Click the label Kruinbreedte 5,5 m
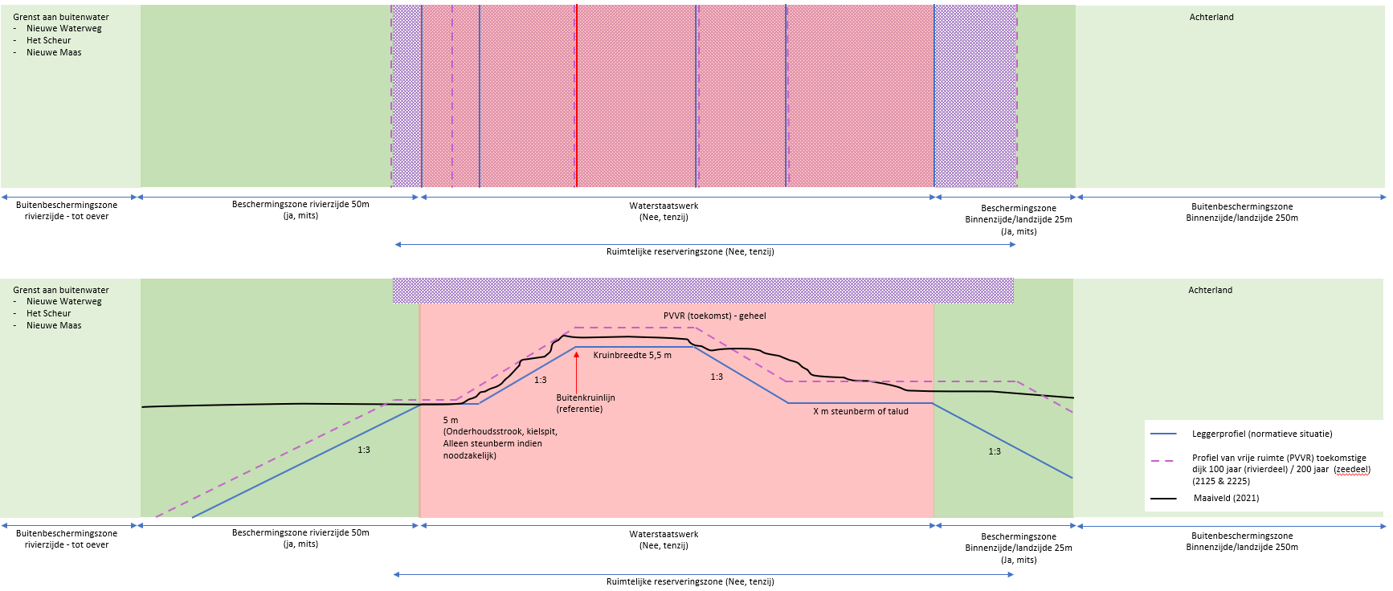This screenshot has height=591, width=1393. [x=632, y=355]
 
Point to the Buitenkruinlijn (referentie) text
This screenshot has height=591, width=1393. [x=585, y=403]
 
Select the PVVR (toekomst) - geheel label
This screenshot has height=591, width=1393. [x=714, y=316]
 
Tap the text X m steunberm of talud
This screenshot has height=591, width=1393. [x=860, y=411]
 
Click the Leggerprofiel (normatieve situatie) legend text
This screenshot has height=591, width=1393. [x=1261, y=434]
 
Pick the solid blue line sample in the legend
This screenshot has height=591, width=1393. [x=1163, y=434]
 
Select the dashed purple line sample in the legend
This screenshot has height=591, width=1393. [x=1163, y=461]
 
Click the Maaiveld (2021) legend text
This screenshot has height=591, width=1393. [x=1226, y=498]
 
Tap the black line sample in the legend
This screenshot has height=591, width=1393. [x=1163, y=498]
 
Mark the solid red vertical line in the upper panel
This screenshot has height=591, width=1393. [x=576, y=96]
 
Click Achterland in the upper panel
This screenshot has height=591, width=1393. [x=1211, y=17]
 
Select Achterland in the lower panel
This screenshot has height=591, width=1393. [x=1210, y=290]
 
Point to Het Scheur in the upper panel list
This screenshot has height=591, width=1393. [x=48, y=40]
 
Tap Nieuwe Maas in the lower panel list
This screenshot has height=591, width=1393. [x=54, y=325]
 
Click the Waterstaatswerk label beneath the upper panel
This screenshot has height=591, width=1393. [x=664, y=206]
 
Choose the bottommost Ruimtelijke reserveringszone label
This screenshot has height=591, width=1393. [x=690, y=581]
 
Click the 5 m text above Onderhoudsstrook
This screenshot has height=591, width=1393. [x=451, y=420]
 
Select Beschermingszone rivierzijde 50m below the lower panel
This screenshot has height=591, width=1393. [x=300, y=532]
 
